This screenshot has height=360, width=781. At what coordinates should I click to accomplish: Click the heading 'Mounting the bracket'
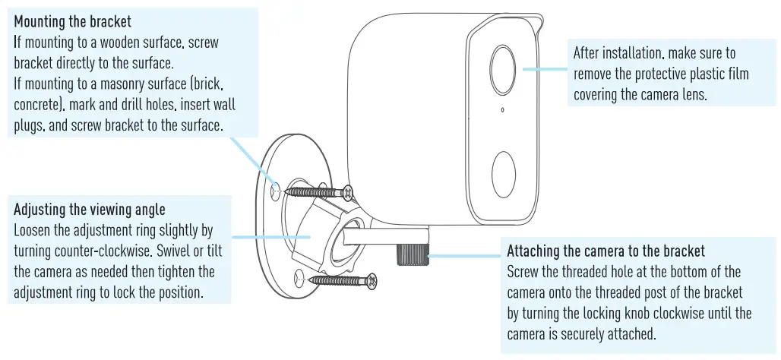click(72, 22)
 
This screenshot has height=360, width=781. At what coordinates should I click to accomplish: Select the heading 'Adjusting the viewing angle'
click(89, 209)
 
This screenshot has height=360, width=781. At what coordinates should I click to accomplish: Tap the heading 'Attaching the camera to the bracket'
click(606, 251)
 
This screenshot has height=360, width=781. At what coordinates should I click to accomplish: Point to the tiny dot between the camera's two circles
click(502, 112)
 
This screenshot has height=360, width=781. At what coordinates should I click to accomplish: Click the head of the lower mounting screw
click(371, 281)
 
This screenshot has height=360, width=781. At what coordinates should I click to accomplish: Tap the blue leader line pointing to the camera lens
click(544, 67)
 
